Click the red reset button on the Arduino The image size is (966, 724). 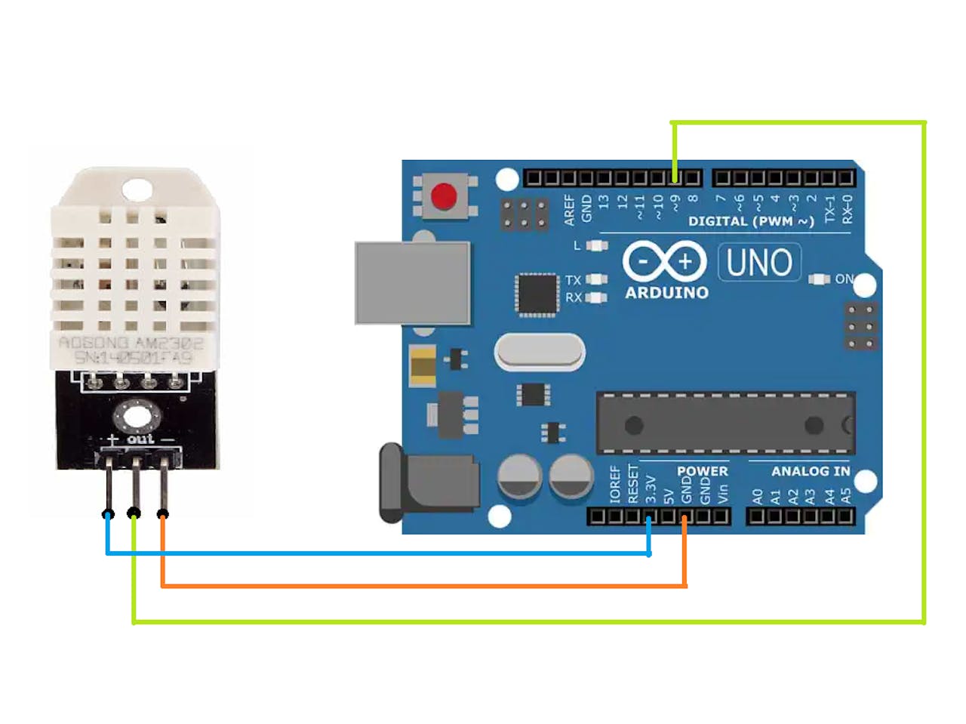pyautogui.click(x=444, y=196)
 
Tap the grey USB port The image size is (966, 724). pyautogui.click(x=412, y=282)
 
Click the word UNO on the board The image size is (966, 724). pyautogui.click(x=758, y=263)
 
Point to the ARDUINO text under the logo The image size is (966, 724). pyautogui.click(x=666, y=293)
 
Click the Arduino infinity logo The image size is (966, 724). pyautogui.click(x=664, y=262)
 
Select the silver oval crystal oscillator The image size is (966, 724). pyautogui.click(x=540, y=353)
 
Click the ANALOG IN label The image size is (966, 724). pyautogui.click(x=810, y=471)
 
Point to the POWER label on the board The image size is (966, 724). pyautogui.click(x=702, y=471)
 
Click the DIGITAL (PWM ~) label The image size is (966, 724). pyautogui.click(x=751, y=221)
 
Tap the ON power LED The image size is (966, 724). pyautogui.click(x=820, y=279)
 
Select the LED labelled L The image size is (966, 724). pyautogui.click(x=597, y=245)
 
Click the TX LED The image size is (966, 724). pyautogui.click(x=596, y=280)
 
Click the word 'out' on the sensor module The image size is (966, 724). pyautogui.click(x=140, y=439)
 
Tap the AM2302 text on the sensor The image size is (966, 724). pyautogui.click(x=169, y=343)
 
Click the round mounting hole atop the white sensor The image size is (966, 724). pyautogui.click(x=137, y=188)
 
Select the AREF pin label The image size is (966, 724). pyautogui.click(x=570, y=209)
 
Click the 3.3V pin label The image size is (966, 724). pyautogui.click(x=651, y=489)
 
